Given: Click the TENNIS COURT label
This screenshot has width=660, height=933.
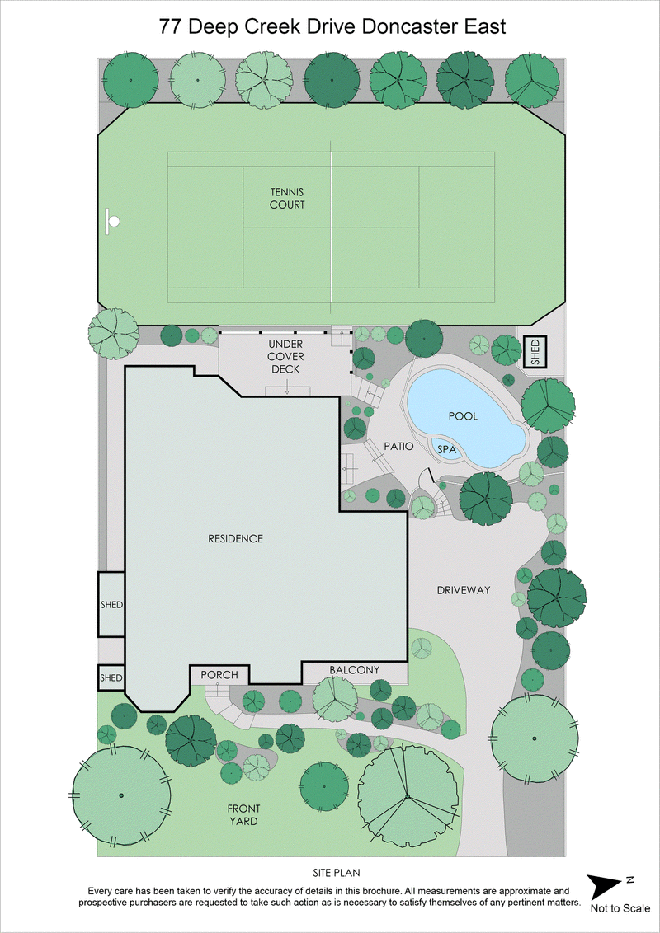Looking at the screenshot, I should click(287, 198).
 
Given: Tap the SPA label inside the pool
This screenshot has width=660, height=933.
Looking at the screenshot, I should click(446, 450).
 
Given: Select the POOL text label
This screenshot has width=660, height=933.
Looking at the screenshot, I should click(463, 416).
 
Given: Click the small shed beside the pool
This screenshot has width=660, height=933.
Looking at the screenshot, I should click(535, 352).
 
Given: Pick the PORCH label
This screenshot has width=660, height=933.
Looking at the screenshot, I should click(219, 675).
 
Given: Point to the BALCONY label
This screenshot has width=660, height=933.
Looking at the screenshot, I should click(354, 670).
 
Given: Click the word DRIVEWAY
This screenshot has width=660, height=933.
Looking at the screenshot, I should click(464, 590).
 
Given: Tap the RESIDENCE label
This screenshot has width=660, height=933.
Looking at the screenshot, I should click(235, 538).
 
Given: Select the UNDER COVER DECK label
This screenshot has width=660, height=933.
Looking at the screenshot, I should click(287, 356).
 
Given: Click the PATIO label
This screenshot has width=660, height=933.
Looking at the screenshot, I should click(398, 446).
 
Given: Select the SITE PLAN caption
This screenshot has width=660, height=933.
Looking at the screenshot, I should click(329, 872).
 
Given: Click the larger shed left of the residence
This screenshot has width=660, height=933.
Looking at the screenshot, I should click(111, 604).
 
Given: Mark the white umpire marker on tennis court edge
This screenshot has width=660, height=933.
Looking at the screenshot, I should click(112, 220).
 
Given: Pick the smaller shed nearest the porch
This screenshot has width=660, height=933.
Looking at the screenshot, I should click(111, 677).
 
